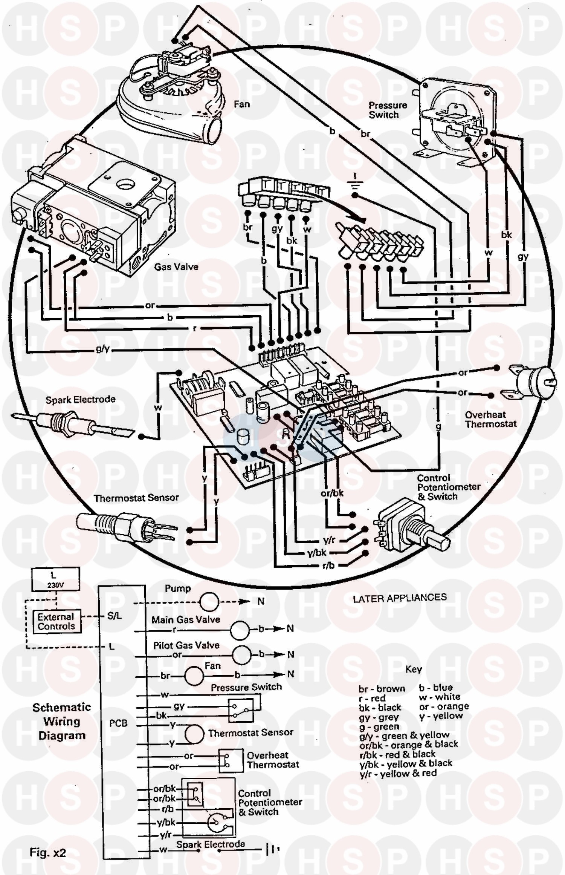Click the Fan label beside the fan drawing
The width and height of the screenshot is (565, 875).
click(x=241, y=104)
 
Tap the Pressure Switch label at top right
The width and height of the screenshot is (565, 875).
click(x=388, y=110)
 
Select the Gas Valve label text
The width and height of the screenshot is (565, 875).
click(x=176, y=267)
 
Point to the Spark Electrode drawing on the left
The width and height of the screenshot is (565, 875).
click(x=72, y=420)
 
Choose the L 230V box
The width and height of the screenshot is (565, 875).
click(x=56, y=580)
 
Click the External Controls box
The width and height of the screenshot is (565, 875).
click(x=56, y=621)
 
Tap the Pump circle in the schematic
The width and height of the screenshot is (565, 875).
click(x=209, y=601)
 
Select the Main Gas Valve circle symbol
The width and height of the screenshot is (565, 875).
click(x=240, y=630)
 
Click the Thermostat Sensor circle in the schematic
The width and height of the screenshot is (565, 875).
click(x=194, y=733)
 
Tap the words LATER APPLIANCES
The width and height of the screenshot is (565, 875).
click(x=399, y=598)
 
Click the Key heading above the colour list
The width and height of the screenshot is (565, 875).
click(x=413, y=669)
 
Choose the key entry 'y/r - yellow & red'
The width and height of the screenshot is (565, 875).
click(x=398, y=774)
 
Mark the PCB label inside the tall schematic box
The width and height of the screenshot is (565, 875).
click(x=118, y=723)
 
